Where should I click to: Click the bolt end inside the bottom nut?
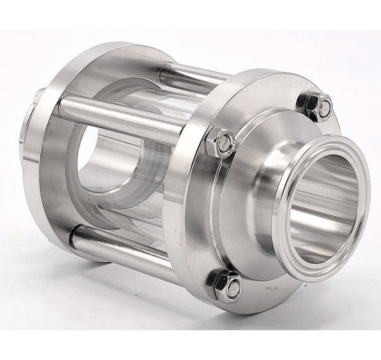pos(230,285)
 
